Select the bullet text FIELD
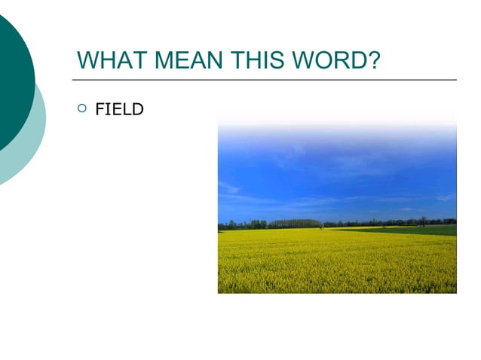click(119, 110)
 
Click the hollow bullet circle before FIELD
click(82, 110)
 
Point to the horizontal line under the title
click(264, 79)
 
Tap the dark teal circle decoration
click(11, 83)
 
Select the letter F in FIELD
click(100, 110)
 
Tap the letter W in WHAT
click(87, 59)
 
